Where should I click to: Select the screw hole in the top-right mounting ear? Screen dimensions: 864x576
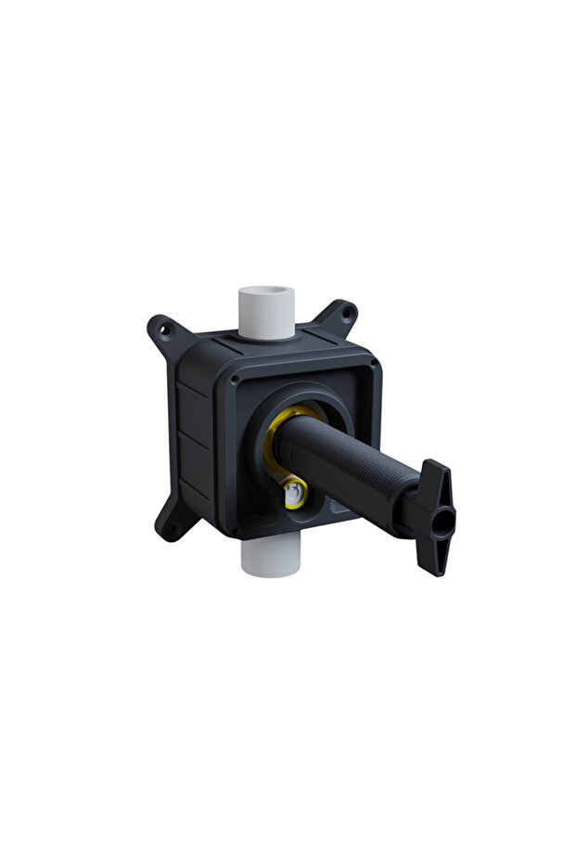(346, 312)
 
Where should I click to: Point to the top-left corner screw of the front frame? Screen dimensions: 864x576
(235, 380)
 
